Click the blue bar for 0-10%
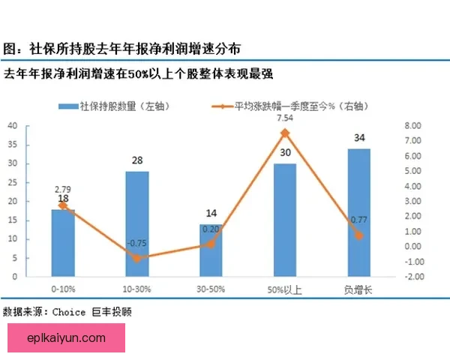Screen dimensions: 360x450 (63, 242)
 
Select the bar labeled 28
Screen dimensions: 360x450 (136, 223)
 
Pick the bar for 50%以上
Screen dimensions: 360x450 (284, 220)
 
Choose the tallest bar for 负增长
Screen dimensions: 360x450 (358, 212)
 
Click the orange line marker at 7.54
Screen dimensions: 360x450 (285, 133)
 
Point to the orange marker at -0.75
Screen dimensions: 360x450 (136, 258)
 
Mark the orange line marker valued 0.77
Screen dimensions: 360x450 (358, 235)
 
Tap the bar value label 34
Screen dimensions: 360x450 (358, 138)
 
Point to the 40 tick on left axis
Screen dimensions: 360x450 (13, 125)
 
